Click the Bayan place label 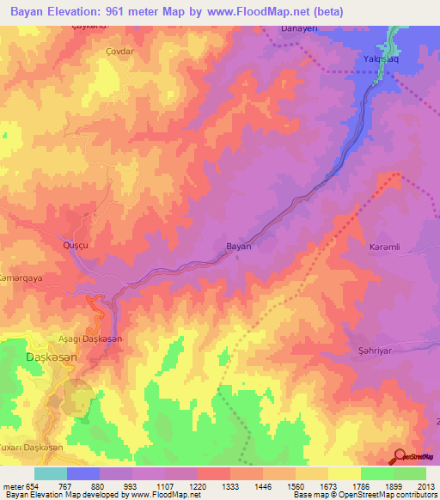(238, 246)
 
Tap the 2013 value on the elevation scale (425, 485)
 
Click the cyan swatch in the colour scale (50, 473)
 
